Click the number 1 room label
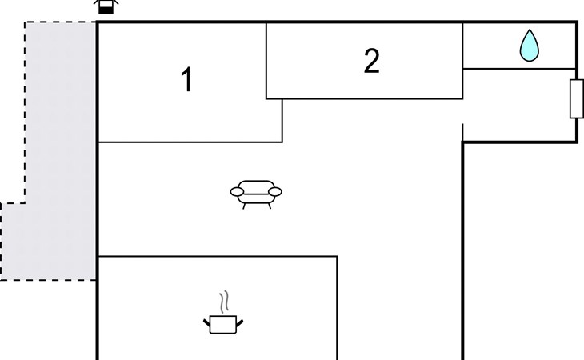pyautogui.click(x=186, y=79)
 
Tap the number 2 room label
pyautogui.click(x=371, y=61)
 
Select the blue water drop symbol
pyautogui.click(x=530, y=46)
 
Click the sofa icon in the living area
pyautogui.click(x=256, y=194)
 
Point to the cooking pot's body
pyautogui.click(x=223, y=324)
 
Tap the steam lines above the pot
pyautogui.click(x=223, y=302)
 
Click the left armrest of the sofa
pyautogui.click(x=238, y=192)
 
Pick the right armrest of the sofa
pyautogui.click(x=275, y=192)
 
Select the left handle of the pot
pyautogui.click(x=206, y=322)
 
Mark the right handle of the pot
pyautogui.click(x=239, y=322)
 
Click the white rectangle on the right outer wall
pyautogui.click(x=576, y=98)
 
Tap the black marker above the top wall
pyautogui.click(x=106, y=6)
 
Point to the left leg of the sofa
pyautogui.click(x=244, y=206)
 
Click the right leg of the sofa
pyautogui.click(x=270, y=206)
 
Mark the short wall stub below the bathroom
pyautogui.click(x=462, y=132)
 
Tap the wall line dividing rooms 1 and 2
pyautogui.click(x=266, y=61)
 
